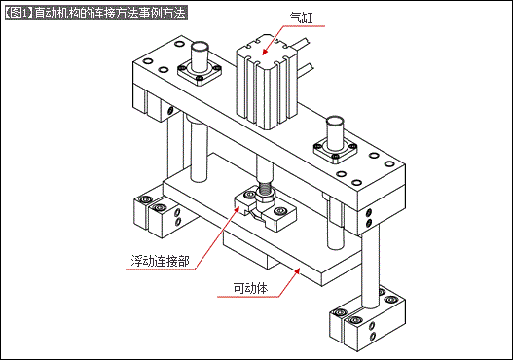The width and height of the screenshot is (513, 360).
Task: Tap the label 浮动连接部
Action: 165,261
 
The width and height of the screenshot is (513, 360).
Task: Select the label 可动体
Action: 251,288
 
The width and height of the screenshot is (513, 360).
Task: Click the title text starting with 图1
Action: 95,13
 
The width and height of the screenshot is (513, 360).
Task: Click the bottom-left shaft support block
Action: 157,213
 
